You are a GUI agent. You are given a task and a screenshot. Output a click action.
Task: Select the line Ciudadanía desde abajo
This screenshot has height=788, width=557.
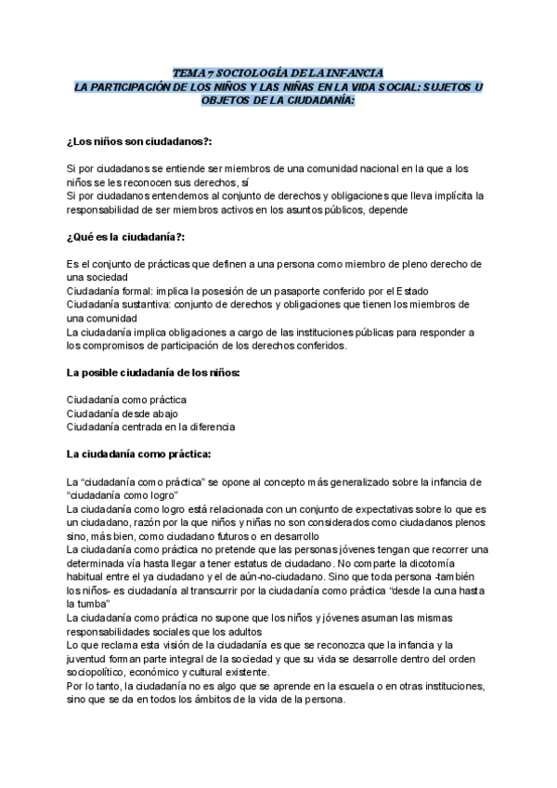(123, 414)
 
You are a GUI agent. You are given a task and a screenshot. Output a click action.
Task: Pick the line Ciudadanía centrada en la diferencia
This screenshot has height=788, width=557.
(150, 427)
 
